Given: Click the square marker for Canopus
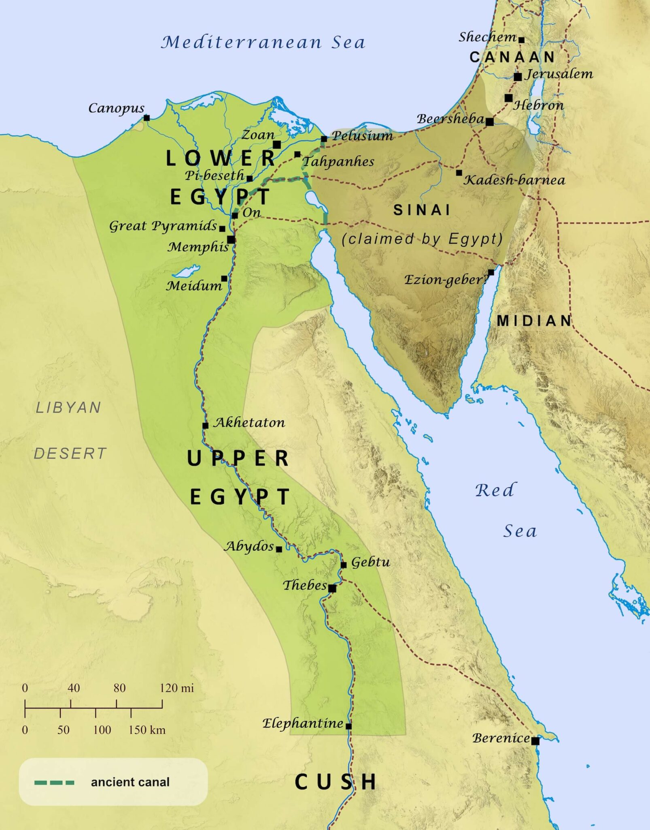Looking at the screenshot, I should [x=147, y=118].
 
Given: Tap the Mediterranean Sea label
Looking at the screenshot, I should [x=263, y=42].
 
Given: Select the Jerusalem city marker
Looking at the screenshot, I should [x=518, y=77].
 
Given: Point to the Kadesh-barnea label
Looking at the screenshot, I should [x=514, y=180].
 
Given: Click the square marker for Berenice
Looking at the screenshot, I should [x=535, y=741].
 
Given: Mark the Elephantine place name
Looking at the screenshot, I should [x=303, y=723].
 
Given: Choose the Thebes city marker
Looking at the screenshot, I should [x=332, y=588].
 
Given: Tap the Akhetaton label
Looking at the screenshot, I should [x=249, y=423].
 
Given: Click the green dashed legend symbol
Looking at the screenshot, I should [x=54, y=783].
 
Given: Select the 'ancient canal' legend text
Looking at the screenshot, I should [x=130, y=782].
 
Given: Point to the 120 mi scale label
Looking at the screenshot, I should [x=176, y=688].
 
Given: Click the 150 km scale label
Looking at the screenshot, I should [x=147, y=730].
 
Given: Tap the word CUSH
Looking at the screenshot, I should [x=335, y=782].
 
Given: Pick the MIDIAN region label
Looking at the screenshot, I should [x=534, y=321].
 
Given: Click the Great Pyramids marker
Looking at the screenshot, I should [x=222, y=229].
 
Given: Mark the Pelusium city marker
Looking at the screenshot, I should [x=324, y=139].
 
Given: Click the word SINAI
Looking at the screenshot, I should [x=422, y=210].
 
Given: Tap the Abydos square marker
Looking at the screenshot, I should [x=279, y=549].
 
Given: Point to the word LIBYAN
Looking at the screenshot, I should [x=68, y=407].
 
